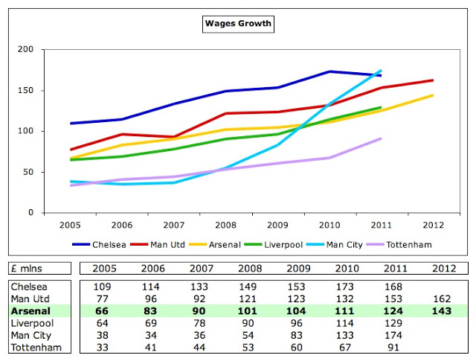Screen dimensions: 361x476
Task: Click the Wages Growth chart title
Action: point(238,24)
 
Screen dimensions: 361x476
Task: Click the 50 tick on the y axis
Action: point(28,172)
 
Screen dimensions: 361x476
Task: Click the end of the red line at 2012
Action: point(433,80)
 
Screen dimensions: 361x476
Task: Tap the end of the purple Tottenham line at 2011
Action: point(381,138)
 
